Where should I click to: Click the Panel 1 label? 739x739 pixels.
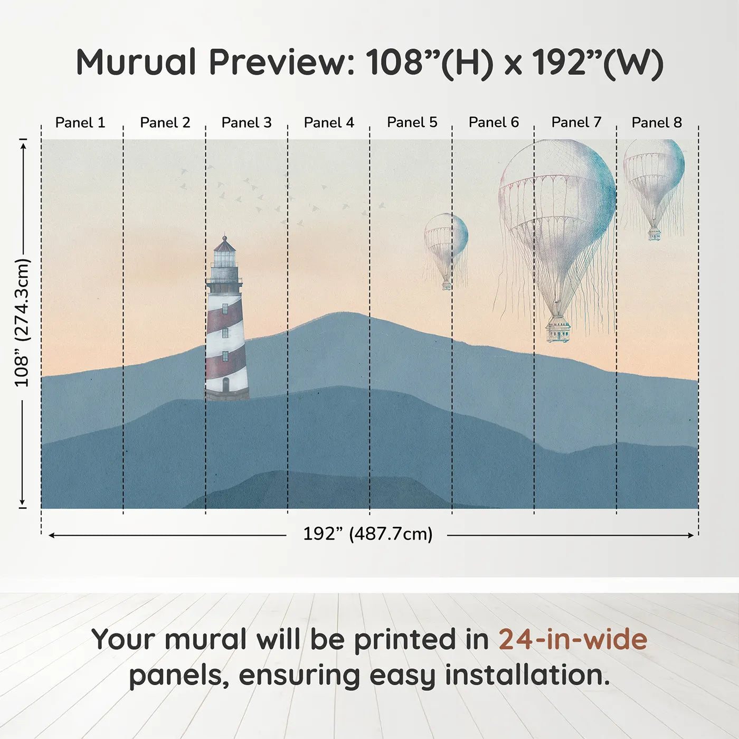tap(80, 122)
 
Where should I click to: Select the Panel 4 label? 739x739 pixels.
tap(329, 122)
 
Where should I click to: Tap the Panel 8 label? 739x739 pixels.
tap(657, 122)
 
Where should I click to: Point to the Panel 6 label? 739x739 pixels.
tap(494, 122)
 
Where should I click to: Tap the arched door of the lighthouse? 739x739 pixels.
tap(225, 384)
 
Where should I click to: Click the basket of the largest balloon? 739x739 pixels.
tap(557, 331)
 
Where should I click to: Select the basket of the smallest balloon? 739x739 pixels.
tap(447, 286)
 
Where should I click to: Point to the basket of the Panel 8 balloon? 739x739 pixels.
tap(655, 234)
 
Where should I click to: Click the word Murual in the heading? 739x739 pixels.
tap(136, 62)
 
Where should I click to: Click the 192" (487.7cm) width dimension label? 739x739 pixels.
tap(368, 534)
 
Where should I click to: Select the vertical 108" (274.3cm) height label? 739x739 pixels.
tap(22, 323)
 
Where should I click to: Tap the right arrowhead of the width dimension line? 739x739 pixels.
tap(690, 535)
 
